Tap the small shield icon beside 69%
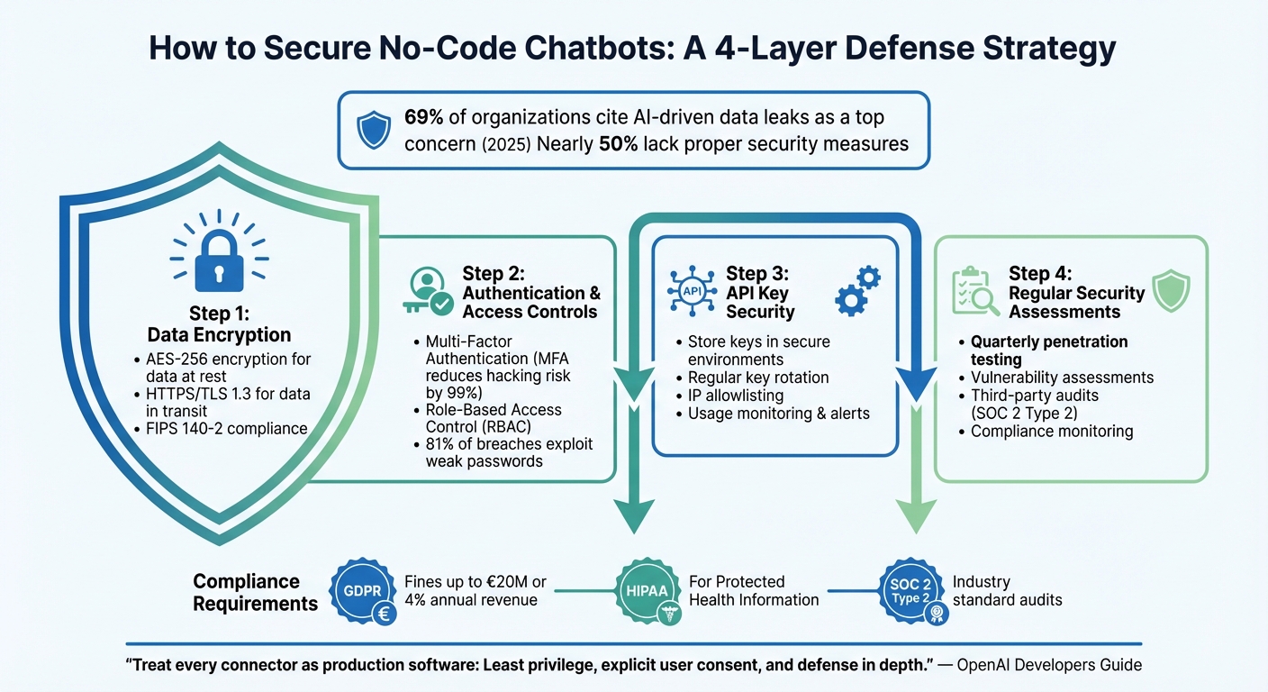[x=373, y=130]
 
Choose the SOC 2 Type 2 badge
[x=912, y=592]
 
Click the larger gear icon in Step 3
[x=850, y=299]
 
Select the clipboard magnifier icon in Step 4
[x=975, y=291]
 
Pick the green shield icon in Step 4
[x=1171, y=290]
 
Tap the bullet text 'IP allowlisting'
[x=735, y=396]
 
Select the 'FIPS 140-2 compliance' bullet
[x=226, y=428]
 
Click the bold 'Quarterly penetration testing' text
[x=1049, y=351]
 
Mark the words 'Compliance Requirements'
[x=256, y=592]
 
